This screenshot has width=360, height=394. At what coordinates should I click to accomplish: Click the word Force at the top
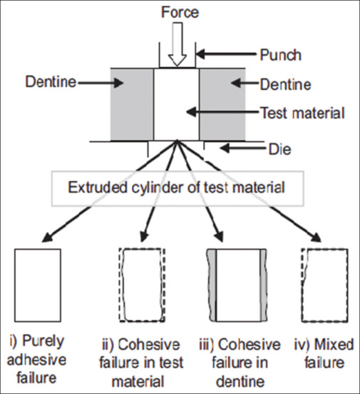click(180, 12)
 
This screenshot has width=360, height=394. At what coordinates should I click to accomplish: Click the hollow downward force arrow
click(178, 44)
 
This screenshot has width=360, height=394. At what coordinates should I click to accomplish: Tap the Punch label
click(280, 55)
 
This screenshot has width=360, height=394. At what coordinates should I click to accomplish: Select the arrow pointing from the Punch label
click(226, 54)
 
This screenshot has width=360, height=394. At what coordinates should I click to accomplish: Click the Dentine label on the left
click(51, 82)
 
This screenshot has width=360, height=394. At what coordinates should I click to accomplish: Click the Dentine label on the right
click(285, 84)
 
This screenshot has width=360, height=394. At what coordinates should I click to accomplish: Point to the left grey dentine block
click(132, 104)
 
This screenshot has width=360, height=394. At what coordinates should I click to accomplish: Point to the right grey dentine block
click(222, 104)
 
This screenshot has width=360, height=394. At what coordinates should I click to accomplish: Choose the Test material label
click(302, 113)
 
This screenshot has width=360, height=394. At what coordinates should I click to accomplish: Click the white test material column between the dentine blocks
click(177, 104)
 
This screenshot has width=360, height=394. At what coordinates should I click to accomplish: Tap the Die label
click(280, 150)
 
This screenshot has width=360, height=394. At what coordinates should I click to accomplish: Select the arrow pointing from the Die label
click(242, 148)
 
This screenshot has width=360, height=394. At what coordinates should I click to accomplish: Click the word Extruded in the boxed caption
click(98, 188)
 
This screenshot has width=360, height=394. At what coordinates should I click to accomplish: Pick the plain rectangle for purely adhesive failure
click(38, 286)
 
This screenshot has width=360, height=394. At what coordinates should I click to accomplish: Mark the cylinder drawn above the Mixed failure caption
click(324, 286)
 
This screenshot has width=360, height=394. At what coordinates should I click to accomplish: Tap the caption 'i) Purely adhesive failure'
click(36, 359)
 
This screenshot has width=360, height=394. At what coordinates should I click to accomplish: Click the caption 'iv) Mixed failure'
click(324, 353)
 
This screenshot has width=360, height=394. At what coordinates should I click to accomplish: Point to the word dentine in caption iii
click(240, 381)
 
